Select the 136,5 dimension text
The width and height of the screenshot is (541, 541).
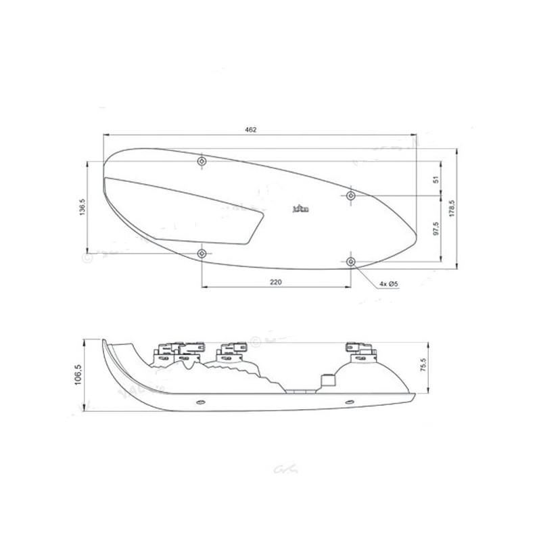tap(82, 207)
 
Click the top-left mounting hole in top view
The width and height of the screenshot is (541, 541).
tap(202, 162)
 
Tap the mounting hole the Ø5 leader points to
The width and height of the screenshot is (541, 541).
tap(350, 261)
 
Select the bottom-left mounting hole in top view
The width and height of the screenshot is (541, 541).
tap(202, 253)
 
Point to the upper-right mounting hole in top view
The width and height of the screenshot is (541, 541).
tap(350, 195)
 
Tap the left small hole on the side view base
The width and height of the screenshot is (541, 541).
tap(199, 402)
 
